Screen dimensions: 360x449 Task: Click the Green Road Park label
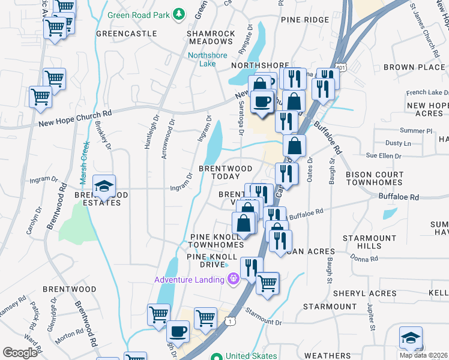pyautogui.click(x=139, y=14)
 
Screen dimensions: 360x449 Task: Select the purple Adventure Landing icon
pyautogui.click(x=234, y=278)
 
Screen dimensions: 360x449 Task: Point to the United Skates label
pyautogui.click(x=251, y=356)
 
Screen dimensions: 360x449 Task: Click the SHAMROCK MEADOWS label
pyautogui.click(x=210, y=37)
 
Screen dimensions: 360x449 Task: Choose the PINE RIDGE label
pyautogui.click(x=305, y=20)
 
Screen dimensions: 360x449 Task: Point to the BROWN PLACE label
pyautogui.click(x=414, y=67)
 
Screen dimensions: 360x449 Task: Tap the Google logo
pyautogui.click(x=20, y=353)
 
